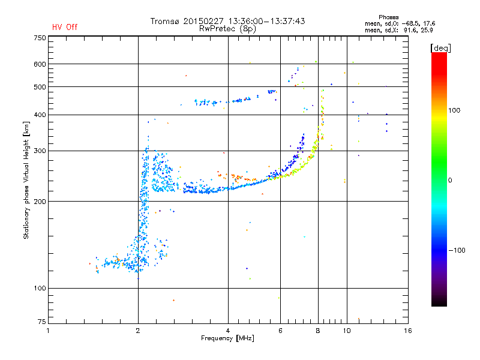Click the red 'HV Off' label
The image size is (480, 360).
click(x=65, y=27)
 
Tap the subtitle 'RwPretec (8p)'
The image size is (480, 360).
click(x=228, y=28)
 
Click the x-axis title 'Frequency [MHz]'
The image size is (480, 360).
click(x=227, y=338)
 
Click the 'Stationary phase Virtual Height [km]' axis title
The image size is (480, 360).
click(x=26, y=180)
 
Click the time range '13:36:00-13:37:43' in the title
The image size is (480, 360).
click(x=264, y=21)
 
